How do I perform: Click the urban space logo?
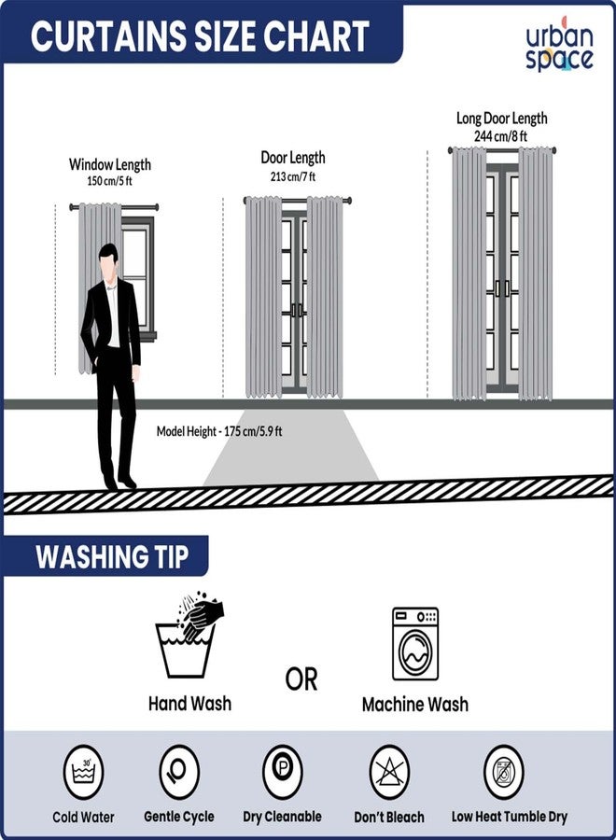(x=558, y=48)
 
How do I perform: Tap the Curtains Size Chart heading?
(x=200, y=36)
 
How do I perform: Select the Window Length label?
(x=109, y=164)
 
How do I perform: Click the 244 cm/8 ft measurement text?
(x=501, y=135)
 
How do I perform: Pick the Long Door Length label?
(x=501, y=119)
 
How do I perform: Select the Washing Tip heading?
(x=111, y=557)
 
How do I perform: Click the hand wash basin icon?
(x=188, y=639)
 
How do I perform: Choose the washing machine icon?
(x=414, y=643)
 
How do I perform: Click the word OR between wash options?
(x=301, y=679)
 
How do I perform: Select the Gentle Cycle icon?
(x=178, y=772)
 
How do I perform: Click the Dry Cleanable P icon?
(x=282, y=772)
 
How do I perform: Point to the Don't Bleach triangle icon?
(x=389, y=772)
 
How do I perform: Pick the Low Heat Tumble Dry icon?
(x=509, y=772)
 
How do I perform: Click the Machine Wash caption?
(x=414, y=705)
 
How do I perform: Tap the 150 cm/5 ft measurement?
(x=109, y=181)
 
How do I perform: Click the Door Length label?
(x=292, y=158)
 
